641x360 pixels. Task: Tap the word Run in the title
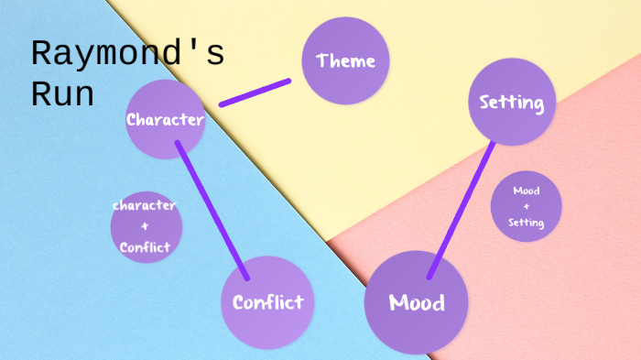point(63,93)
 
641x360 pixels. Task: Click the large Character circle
point(165,119)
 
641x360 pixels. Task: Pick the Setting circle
point(512,102)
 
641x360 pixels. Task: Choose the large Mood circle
point(417,302)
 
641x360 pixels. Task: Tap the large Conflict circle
point(266,302)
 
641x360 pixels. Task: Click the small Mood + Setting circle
point(526,206)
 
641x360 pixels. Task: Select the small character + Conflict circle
point(146,226)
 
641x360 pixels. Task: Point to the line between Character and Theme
point(255,93)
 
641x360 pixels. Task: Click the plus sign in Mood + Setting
point(526,206)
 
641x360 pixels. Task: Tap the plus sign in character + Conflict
point(145,225)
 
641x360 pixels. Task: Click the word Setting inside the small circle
point(527,223)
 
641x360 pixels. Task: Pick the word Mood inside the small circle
point(526,191)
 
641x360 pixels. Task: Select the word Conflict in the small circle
point(146,246)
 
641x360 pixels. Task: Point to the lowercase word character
point(144,205)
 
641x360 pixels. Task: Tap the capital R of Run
point(41,93)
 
